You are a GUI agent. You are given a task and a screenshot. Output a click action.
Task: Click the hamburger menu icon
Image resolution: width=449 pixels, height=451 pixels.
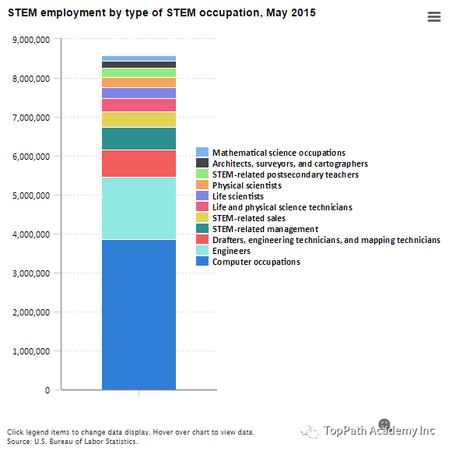(433, 16)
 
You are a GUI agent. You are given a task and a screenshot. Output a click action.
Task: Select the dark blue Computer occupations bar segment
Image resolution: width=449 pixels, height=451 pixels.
(139, 315)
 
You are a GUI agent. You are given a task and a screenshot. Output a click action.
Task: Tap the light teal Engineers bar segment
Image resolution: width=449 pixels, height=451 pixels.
(139, 208)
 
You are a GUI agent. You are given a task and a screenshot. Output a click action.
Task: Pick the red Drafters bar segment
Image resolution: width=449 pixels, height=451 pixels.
(139, 164)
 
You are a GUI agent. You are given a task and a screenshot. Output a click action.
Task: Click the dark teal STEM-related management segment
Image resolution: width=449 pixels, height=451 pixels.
(139, 139)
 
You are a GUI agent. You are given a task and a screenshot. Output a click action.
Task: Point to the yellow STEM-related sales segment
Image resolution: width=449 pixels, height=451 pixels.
(139, 119)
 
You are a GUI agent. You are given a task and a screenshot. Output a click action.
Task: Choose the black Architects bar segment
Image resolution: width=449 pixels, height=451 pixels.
(139, 65)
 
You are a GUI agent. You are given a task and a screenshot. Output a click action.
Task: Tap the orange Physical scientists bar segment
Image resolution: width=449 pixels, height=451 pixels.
(139, 83)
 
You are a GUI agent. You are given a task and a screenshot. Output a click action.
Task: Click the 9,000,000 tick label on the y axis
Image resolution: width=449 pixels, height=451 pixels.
(31, 40)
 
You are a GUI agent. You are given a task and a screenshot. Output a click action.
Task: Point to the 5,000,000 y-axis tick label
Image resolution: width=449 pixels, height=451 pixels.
(31, 196)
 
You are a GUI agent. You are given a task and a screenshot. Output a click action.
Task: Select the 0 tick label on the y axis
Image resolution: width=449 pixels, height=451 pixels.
(47, 390)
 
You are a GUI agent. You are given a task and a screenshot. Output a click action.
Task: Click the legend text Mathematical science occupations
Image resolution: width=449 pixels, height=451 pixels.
(279, 153)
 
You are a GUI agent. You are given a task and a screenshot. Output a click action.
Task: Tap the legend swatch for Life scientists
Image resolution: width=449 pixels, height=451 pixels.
(202, 196)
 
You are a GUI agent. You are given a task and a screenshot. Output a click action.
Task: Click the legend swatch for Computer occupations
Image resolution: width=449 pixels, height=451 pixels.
(202, 261)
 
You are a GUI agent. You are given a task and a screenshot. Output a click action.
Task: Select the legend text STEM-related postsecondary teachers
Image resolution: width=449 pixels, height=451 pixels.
(286, 174)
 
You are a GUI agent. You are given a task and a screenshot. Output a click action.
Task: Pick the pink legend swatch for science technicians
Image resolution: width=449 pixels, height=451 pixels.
(202, 206)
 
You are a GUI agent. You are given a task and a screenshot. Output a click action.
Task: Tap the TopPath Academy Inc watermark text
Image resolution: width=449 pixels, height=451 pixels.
(379, 431)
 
